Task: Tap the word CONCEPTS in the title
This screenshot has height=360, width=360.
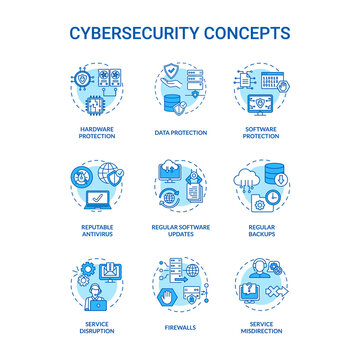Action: tap(246, 32)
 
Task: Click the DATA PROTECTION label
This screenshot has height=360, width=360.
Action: tap(180, 132)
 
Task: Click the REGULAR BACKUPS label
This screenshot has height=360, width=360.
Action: tap(265, 232)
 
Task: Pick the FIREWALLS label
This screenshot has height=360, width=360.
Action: tap(180, 323)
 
